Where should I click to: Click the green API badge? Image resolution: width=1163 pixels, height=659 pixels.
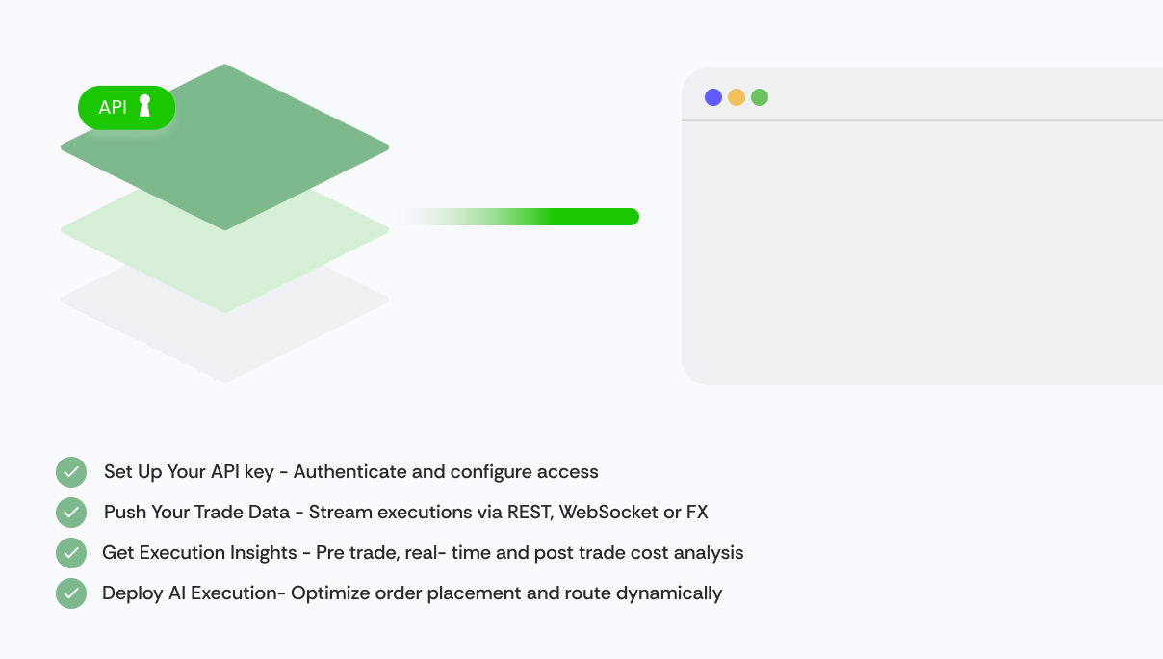click(x=127, y=108)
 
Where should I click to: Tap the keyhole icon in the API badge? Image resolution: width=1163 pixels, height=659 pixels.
click(x=144, y=106)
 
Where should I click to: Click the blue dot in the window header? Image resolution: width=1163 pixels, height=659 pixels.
click(x=713, y=97)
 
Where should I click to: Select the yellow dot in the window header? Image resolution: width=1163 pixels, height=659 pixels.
click(x=737, y=97)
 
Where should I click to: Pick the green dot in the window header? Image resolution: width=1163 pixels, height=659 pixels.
click(x=760, y=97)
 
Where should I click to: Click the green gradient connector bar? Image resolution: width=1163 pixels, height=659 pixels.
click(x=519, y=217)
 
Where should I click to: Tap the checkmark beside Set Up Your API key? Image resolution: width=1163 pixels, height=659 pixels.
click(x=71, y=472)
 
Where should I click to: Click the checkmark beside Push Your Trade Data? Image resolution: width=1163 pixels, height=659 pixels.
click(x=71, y=513)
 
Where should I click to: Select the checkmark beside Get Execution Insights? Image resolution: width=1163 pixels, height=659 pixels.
click(x=71, y=553)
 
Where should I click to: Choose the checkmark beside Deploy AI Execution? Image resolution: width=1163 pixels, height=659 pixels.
click(x=71, y=593)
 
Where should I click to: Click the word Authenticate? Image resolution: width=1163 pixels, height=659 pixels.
click(x=349, y=472)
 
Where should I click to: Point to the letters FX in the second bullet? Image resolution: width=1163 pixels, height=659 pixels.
click(x=697, y=513)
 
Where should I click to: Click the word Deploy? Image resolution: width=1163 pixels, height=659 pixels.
click(x=133, y=593)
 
